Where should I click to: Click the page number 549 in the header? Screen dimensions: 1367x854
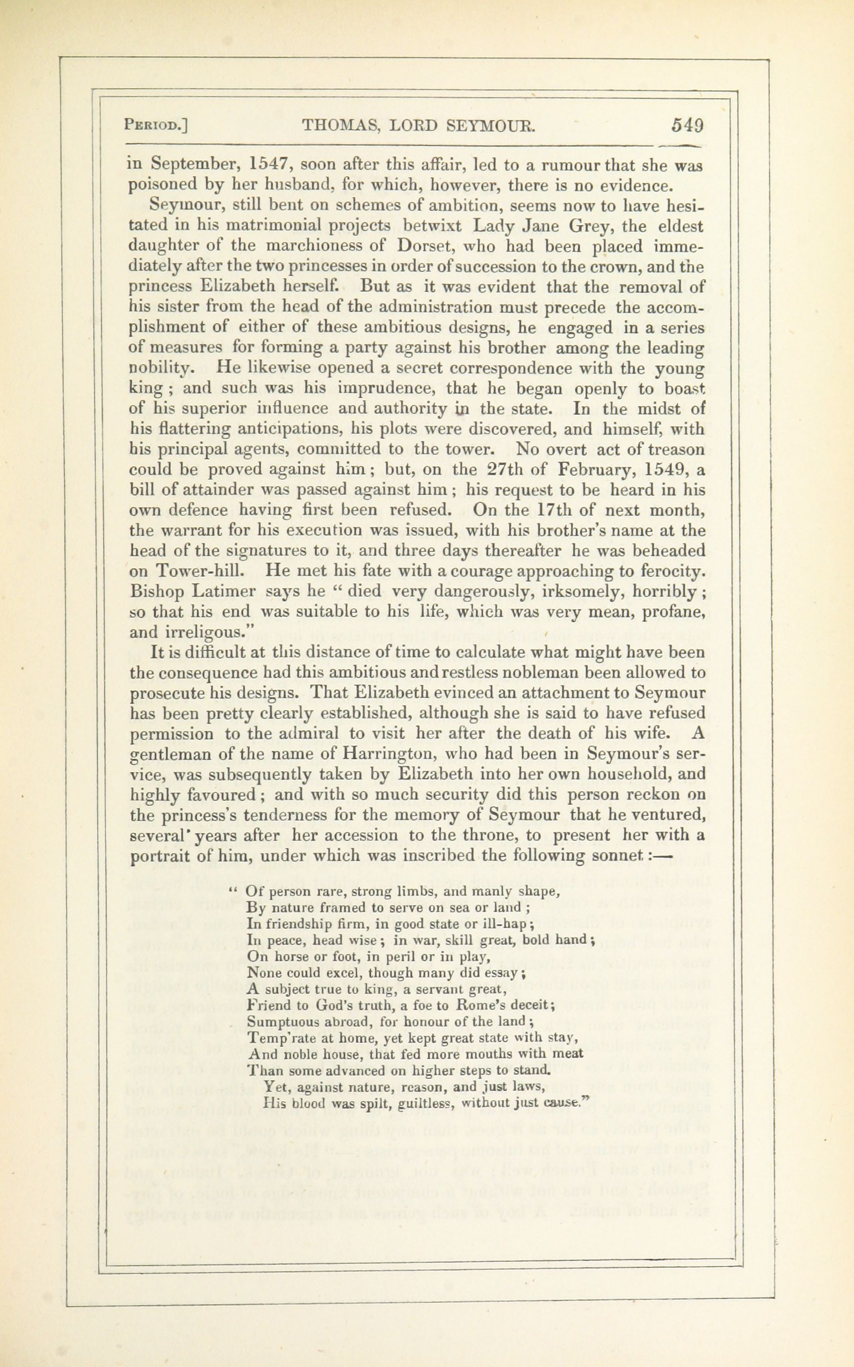[x=687, y=125]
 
